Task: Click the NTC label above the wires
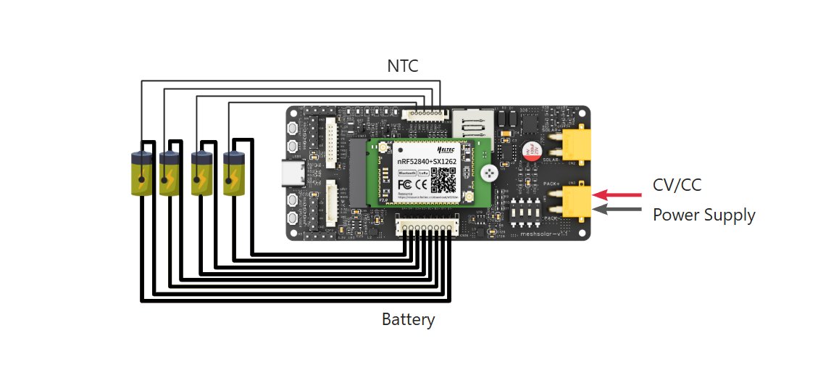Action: [403, 66]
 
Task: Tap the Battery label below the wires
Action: [408, 319]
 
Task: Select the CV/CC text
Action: [677, 185]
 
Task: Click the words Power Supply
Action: [704, 215]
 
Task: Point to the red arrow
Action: [617, 194]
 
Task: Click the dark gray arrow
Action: [617, 210]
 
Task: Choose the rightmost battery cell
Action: [234, 173]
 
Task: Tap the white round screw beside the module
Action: [489, 173]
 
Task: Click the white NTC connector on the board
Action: [427, 114]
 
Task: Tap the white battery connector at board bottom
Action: [427, 227]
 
